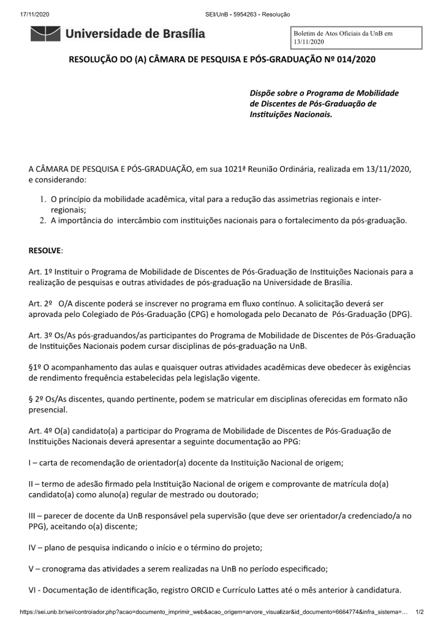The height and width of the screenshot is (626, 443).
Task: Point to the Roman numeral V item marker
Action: [x=32, y=568]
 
